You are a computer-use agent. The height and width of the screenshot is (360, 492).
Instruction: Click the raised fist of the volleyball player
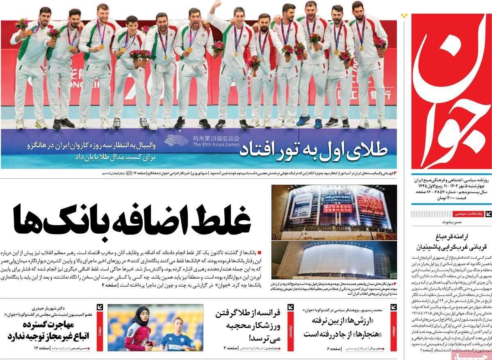216,5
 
